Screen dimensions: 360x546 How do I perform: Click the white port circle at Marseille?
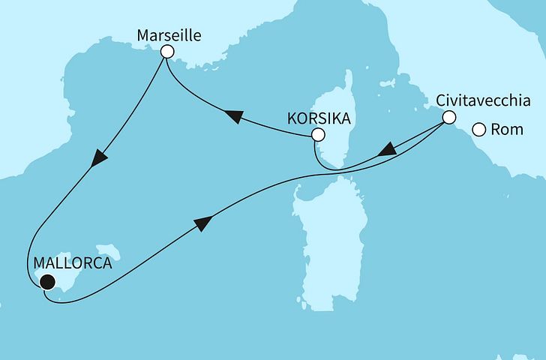(167, 52)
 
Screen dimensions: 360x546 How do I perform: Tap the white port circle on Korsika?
(319, 135)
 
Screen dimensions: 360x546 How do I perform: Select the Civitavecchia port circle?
(448, 117)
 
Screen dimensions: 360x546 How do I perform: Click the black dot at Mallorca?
(48, 282)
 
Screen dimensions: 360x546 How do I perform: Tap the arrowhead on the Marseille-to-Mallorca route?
(100, 158)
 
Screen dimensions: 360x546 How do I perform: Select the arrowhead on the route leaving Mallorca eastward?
(202, 222)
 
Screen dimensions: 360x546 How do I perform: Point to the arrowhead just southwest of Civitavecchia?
(386, 151)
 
